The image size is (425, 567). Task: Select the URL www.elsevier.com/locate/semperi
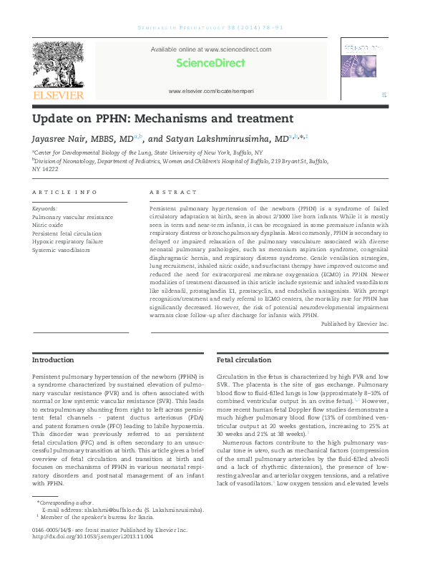[210, 92]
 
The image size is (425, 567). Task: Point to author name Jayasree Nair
[65, 139]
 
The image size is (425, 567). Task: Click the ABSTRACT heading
[172, 193]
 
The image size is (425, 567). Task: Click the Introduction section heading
[53, 359]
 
